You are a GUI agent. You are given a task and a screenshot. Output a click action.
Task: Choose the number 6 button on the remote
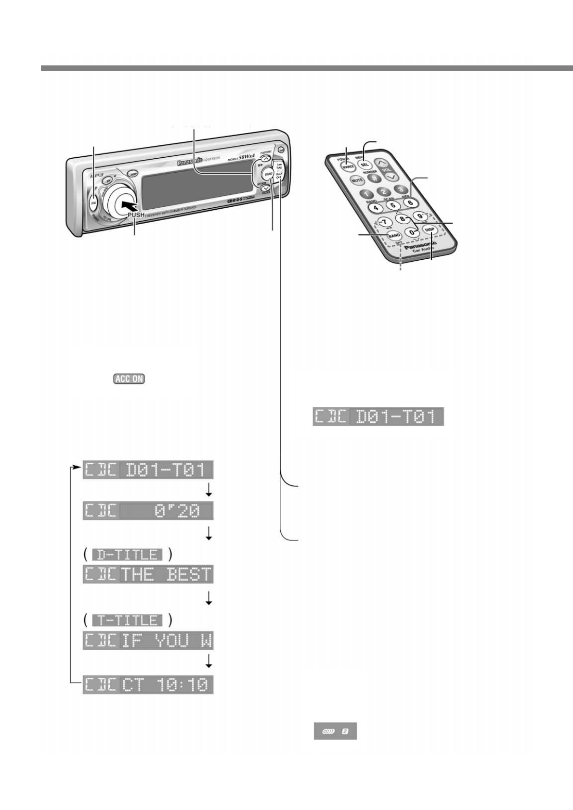tap(410, 202)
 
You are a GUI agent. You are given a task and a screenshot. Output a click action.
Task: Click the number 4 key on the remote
tap(377, 207)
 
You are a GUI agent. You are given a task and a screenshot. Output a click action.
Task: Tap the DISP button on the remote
tap(430, 230)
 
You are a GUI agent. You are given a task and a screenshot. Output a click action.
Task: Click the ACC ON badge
tap(129, 379)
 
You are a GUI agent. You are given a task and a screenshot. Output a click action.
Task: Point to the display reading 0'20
tap(148, 511)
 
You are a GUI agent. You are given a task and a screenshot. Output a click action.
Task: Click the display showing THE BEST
tap(148, 574)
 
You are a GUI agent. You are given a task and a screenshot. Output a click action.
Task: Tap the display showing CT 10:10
tap(148, 685)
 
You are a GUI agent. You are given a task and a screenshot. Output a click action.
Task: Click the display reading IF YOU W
tap(148, 641)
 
